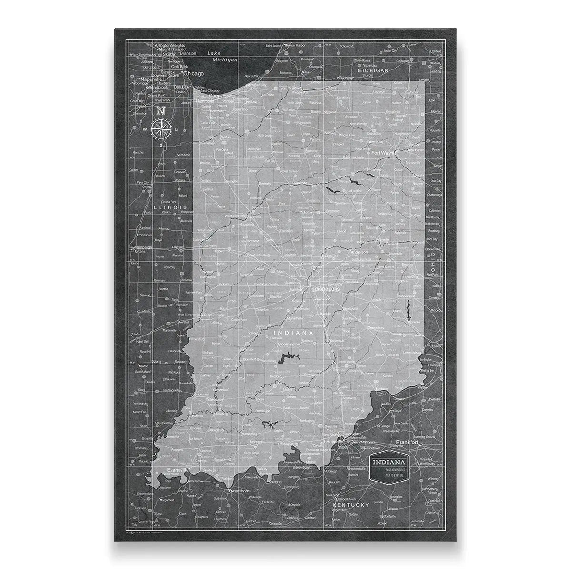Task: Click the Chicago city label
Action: (193, 74)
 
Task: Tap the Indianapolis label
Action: (326, 289)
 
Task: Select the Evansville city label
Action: (178, 470)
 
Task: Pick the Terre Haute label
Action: (214, 315)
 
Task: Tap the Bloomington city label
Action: (289, 343)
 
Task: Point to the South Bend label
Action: (292, 88)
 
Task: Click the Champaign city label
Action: (142, 247)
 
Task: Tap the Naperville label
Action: (151, 79)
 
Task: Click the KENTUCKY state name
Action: (351, 504)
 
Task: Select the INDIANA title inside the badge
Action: (389, 462)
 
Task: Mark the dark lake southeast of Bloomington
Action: (286, 357)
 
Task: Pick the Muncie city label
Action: (383, 240)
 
